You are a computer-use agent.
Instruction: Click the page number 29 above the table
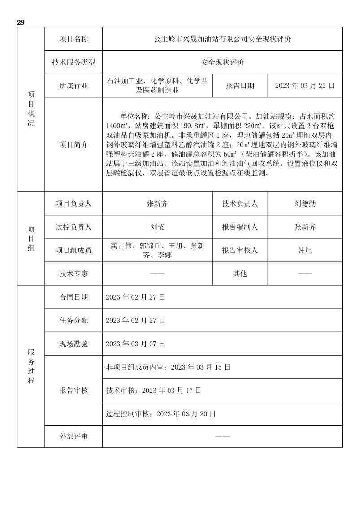point(21,22)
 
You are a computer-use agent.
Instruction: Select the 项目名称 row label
point(74,39)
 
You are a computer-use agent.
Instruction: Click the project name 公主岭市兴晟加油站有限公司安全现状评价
point(222,39)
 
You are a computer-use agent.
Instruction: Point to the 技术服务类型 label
point(74,62)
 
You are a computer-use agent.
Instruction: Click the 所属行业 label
point(74,86)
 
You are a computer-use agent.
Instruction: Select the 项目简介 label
point(74,144)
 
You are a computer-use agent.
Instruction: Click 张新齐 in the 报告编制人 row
point(305,227)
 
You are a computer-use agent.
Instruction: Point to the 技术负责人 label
point(240,204)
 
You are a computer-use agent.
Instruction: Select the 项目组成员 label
point(74,250)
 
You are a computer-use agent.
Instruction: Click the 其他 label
point(240,274)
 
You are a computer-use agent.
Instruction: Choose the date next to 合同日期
point(135,297)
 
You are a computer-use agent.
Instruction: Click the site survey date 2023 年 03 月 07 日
point(135,344)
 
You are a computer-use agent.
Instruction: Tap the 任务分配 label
point(74,321)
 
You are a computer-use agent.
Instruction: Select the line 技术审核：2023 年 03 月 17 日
point(154,391)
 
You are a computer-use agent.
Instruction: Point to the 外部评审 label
point(74,436)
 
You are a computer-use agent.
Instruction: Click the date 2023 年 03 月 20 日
point(186,414)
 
